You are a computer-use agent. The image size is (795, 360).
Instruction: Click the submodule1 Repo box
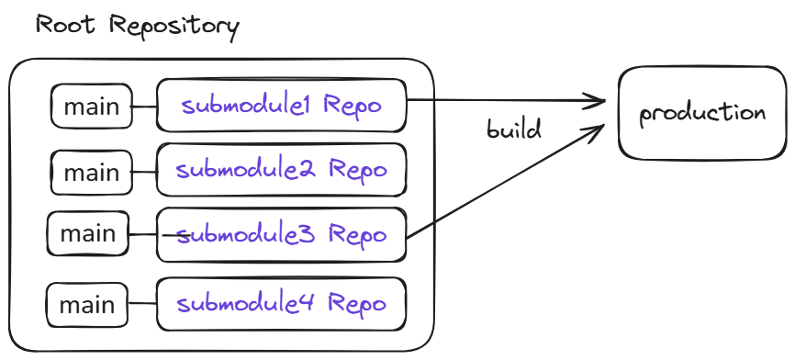coord(281,106)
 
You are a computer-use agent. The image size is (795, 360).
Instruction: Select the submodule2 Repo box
coord(281,170)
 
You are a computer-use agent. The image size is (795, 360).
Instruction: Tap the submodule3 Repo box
coord(281,235)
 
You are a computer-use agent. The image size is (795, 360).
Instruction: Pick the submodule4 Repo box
coord(281,304)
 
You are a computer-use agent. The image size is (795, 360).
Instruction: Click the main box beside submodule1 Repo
coord(91,107)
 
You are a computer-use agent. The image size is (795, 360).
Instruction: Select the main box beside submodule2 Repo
coord(91,173)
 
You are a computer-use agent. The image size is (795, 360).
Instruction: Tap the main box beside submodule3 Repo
coord(88,233)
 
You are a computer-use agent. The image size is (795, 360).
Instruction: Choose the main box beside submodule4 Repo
coord(88,305)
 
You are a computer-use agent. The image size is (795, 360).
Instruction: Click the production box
coord(702,113)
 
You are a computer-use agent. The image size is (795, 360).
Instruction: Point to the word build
coord(514,129)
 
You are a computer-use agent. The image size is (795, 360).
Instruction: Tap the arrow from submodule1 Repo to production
coord(505,99)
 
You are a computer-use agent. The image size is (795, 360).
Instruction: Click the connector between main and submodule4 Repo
coord(143,305)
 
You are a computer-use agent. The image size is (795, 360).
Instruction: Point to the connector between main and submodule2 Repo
coord(143,172)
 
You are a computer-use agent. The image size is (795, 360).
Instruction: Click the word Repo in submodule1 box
coord(351,106)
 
